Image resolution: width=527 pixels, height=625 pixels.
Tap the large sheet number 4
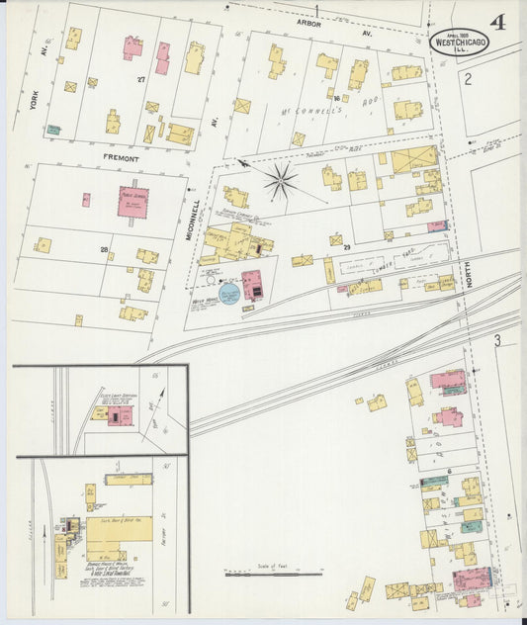click(497, 22)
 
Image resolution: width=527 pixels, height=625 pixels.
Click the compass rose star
click(281, 181)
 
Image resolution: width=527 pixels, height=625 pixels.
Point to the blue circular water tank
click(228, 294)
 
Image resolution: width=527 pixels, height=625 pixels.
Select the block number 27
click(141, 79)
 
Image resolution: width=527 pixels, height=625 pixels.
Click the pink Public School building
click(132, 201)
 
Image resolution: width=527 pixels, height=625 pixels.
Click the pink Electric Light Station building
click(120, 417)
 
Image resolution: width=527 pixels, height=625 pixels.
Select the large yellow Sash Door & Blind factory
click(119, 528)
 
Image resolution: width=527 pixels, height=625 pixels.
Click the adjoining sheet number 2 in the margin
click(467, 78)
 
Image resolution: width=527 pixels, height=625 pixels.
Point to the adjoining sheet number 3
click(499, 341)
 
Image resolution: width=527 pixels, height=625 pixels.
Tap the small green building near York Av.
click(53, 129)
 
